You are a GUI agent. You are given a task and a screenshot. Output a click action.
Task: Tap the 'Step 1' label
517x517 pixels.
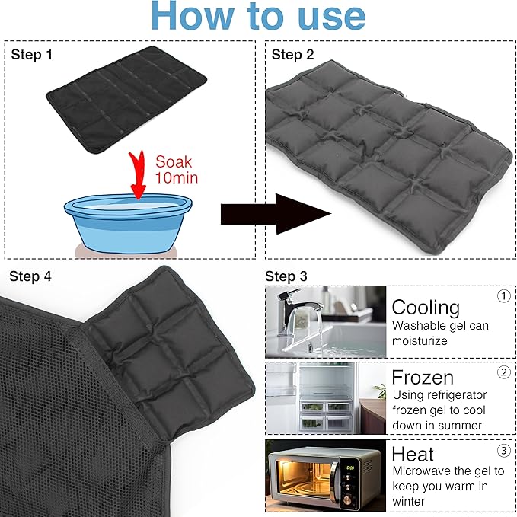click(32, 54)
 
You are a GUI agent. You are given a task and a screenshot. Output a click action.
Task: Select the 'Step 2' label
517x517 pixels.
click(292, 54)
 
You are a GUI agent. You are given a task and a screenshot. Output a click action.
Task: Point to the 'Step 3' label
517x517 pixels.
click(286, 276)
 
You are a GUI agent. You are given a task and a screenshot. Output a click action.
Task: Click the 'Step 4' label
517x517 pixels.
click(30, 276)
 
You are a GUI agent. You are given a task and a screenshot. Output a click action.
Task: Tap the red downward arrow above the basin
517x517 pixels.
click(138, 175)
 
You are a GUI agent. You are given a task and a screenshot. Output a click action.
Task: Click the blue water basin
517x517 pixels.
click(128, 223)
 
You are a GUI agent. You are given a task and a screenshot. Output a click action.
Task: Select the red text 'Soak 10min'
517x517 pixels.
click(176, 170)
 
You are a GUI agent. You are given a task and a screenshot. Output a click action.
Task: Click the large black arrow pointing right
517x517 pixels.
click(276, 214)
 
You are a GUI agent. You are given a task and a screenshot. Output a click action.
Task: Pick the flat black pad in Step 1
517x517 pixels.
click(126, 100)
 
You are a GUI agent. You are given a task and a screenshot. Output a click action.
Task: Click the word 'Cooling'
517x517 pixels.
click(426, 308)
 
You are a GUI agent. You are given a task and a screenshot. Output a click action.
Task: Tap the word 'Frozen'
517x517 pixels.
click(423, 377)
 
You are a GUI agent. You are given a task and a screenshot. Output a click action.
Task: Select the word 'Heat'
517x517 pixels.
click(413, 454)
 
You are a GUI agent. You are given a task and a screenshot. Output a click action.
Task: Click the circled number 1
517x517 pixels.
click(503, 296)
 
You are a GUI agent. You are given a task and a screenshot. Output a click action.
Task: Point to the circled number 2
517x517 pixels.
click(503, 372)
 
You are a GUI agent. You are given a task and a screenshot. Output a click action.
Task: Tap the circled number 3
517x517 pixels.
click(503, 451)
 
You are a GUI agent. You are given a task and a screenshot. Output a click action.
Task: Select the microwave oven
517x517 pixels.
click(325, 476)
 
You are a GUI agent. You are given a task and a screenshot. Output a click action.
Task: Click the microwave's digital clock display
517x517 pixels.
click(349, 468)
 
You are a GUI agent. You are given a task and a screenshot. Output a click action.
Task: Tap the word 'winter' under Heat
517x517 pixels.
click(409, 502)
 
